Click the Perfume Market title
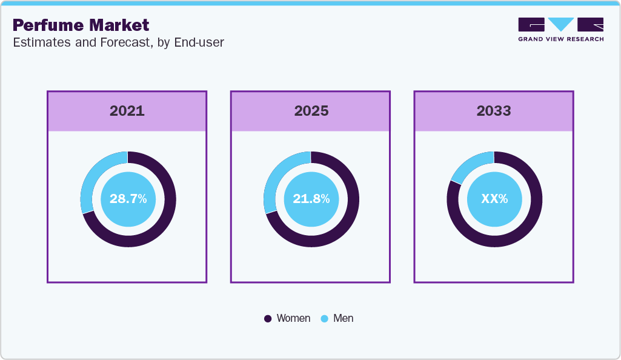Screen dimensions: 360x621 (x=81, y=25)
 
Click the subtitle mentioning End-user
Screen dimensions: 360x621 (x=118, y=43)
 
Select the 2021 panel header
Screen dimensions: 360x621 (x=127, y=111)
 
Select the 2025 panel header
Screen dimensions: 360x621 (x=311, y=111)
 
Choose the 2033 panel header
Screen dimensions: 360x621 (x=494, y=111)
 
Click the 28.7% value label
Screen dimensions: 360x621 (x=128, y=199)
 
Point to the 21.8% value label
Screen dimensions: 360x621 (x=311, y=199)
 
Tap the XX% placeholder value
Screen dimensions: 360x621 (x=494, y=199)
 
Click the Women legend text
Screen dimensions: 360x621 (x=293, y=318)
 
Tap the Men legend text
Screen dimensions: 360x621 (x=343, y=318)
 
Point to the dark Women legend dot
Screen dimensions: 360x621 (x=268, y=319)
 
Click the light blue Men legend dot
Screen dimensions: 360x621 (x=324, y=319)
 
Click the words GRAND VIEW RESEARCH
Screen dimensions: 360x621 (x=560, y=39)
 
